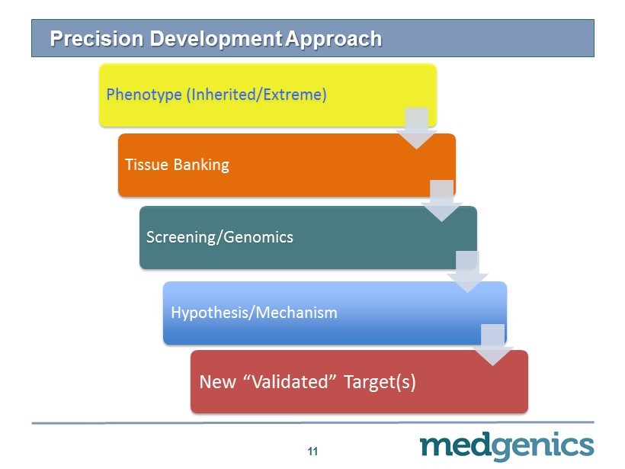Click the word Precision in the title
(x=97, y=39)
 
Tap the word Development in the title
(x=216, y=40)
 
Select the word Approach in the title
(x=334, y=40)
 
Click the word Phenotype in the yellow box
(x=144, y=95)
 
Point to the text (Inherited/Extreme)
(x=257, y=95)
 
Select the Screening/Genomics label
(x=220, y=237)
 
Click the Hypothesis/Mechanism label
(x=254, y=313)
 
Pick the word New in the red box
(x=217, y=381)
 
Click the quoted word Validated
(x=290, y=381)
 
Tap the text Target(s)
(x=380, y=382)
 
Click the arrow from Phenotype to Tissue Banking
(x=416, y=128)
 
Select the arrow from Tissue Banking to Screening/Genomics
(x=441, y=201)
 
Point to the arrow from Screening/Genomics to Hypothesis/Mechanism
(x=467, y=272)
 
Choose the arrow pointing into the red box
(x=492, y=345)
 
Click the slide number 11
(x=312, y=451)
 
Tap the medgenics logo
(x=507, y=446)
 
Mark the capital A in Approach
(x=293, y=39)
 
